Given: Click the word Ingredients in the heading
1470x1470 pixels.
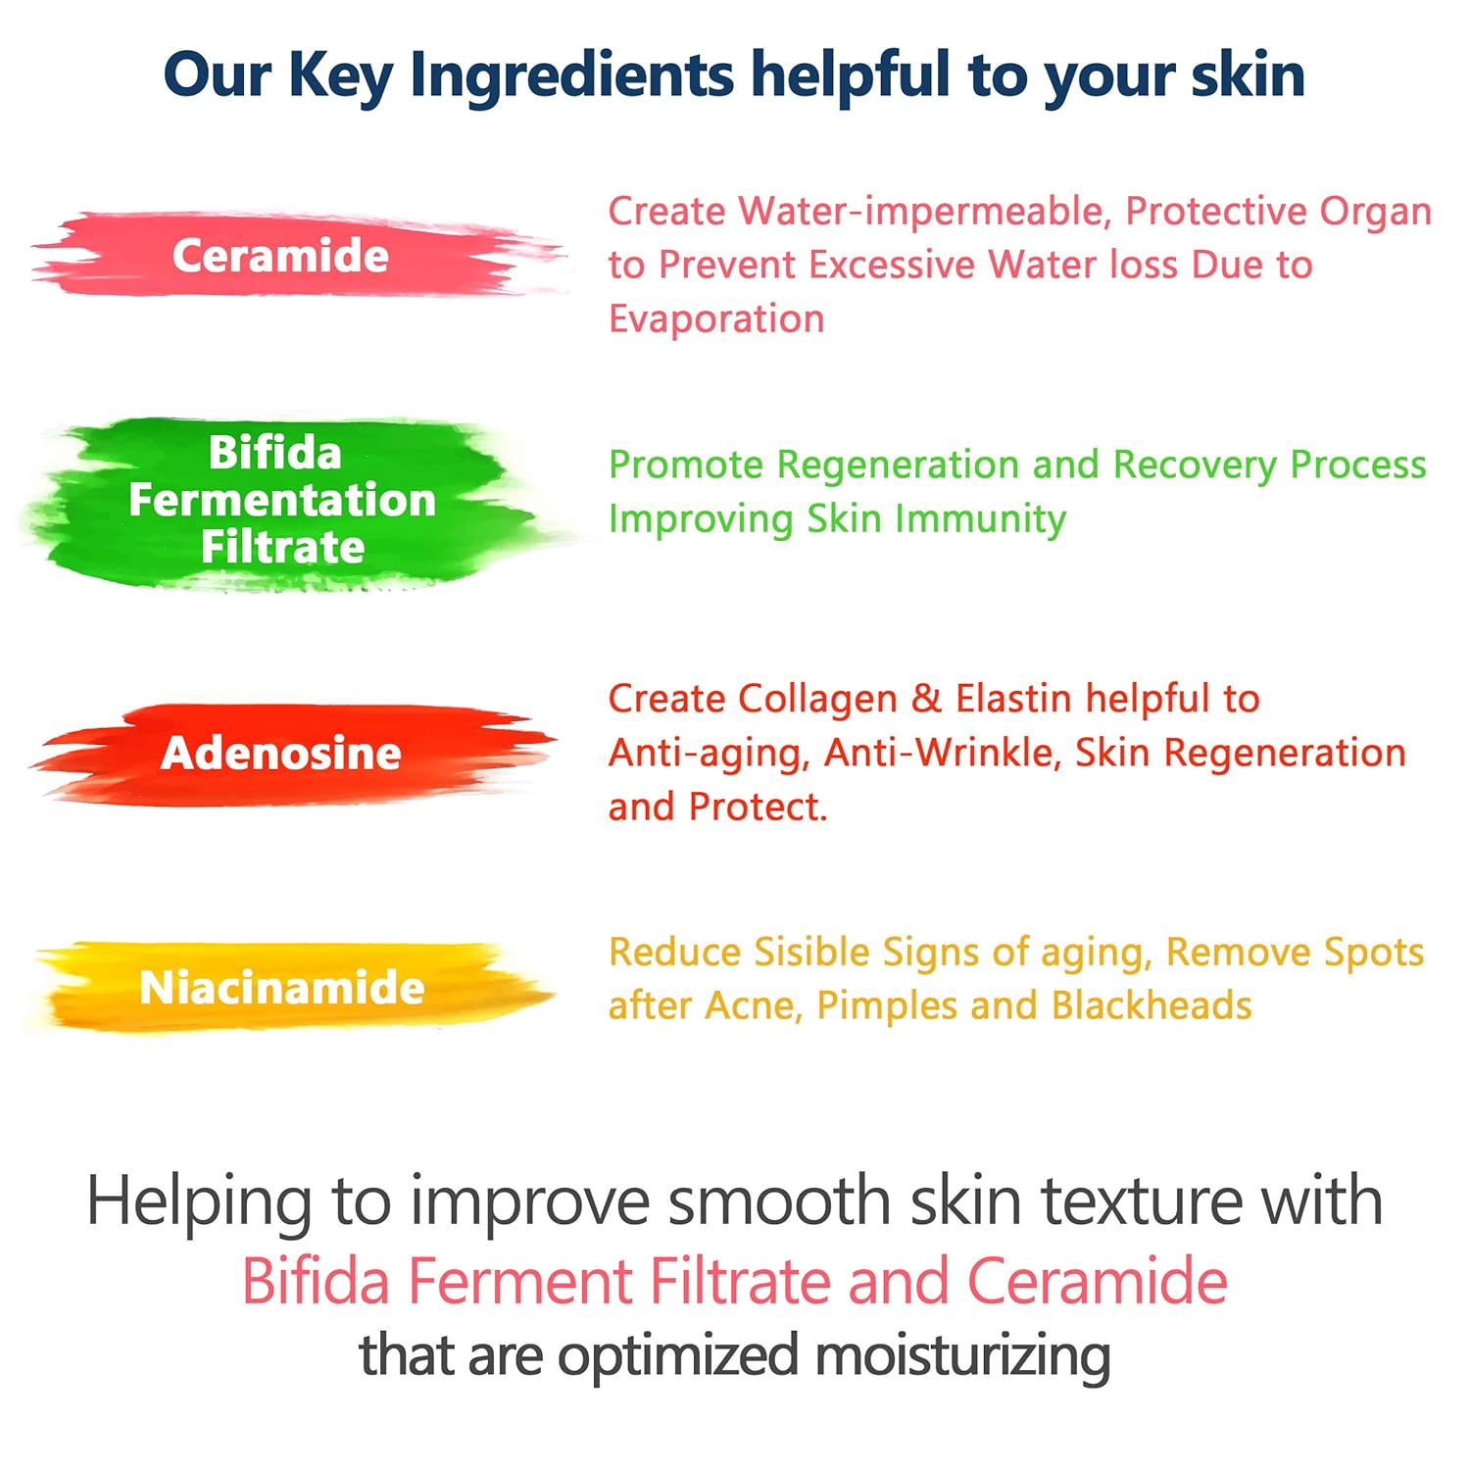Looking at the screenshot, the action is [x=571, y=75].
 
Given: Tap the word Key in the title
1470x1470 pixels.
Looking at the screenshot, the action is [x=340, y=75].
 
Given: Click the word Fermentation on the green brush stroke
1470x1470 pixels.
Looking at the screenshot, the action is [x=282, y=499].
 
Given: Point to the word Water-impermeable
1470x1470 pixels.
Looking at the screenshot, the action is [x=925, y=212].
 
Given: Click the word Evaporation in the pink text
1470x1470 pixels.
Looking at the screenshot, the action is [x=716, y=318].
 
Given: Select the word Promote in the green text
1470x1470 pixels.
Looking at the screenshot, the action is [x=685, y=465].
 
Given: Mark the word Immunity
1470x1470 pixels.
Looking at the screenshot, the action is [x=980, y=519].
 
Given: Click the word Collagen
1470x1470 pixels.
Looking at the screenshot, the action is [x=817, y=700].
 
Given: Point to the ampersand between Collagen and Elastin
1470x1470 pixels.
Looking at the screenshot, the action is [x=926, y=699].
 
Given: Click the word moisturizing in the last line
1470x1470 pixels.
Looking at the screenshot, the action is [x=962, y=1357].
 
